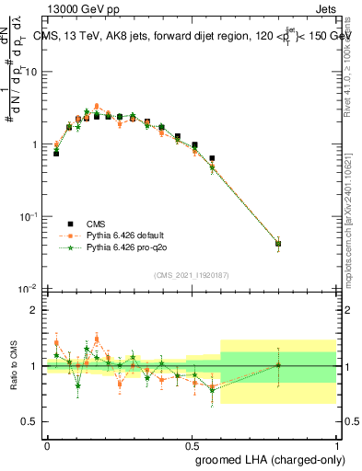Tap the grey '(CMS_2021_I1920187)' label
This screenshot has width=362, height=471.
[192, 275]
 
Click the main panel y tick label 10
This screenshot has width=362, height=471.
[30, 72]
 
